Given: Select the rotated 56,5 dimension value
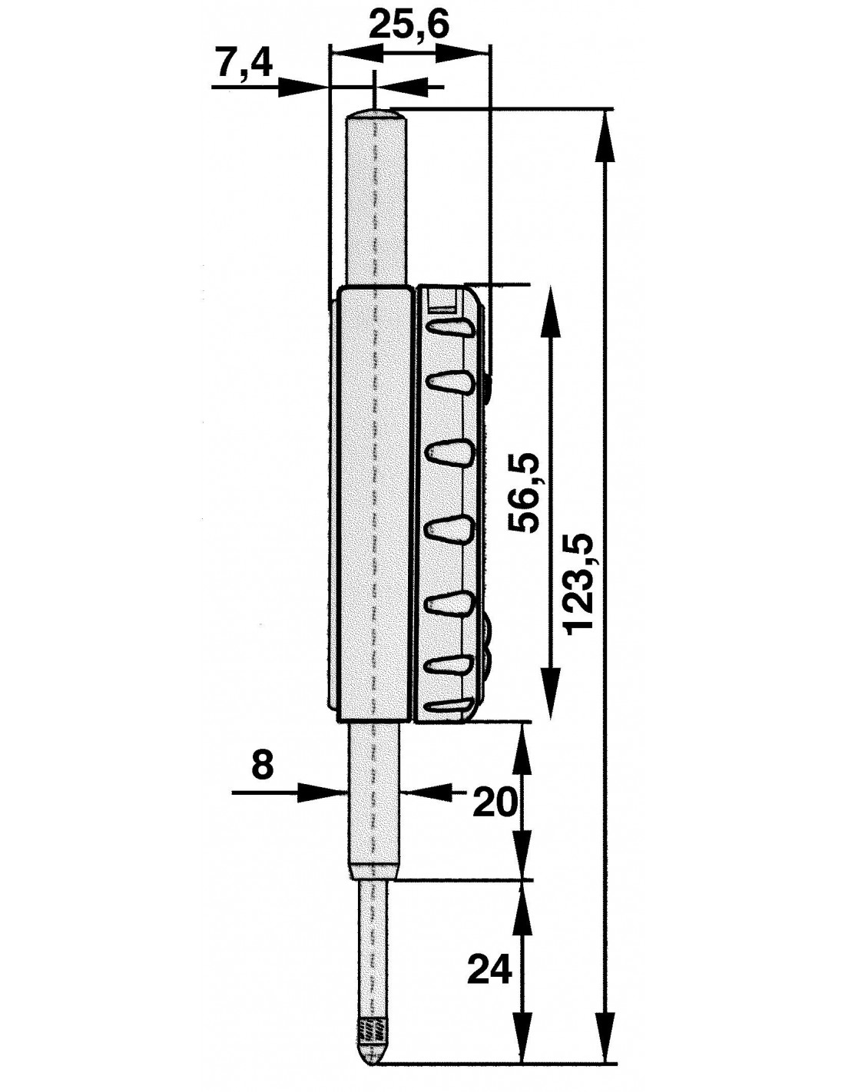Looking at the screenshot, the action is (524, 493).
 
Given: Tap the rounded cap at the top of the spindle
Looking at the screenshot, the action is (375, 116).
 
